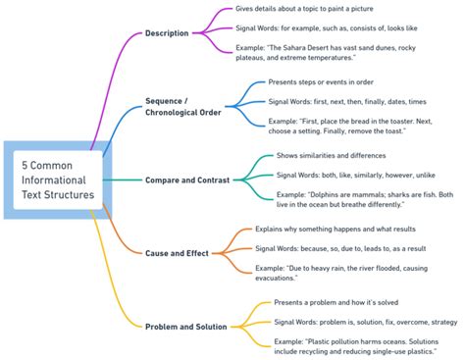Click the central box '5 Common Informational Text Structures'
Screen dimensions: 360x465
click(x=59, y=180)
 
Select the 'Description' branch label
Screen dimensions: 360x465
click(x=166, y=33)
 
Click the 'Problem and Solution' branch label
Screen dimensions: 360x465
click(x=185, y=326)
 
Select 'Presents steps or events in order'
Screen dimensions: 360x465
click(x=319, y=81)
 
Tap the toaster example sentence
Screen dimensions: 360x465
click(x=357, y=126)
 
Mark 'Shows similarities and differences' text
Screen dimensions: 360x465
click(x=332, y=155)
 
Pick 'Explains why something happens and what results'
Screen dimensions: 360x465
click(x=334, y=229)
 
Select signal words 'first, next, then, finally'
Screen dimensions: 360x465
click(x=346, y=101)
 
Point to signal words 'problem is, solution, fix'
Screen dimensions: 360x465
click(x=365, y=321)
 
